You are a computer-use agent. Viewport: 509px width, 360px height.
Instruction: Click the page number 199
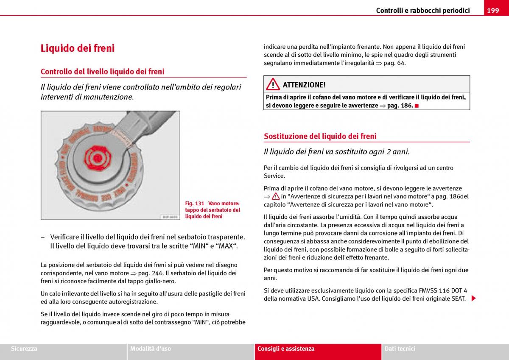(493, 11)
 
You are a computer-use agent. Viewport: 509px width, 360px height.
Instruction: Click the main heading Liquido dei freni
(78, 48)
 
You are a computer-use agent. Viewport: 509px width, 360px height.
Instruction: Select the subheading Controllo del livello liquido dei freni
(102, 72)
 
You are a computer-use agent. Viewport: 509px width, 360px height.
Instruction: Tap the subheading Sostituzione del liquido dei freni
(320, 136)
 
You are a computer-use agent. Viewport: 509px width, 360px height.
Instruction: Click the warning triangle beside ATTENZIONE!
(273, 84)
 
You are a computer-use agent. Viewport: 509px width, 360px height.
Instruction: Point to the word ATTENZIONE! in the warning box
(304, 85)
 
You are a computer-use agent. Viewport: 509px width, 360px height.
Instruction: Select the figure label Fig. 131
(195, 204)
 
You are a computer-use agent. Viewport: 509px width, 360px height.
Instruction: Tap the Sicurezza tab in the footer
(24, 349)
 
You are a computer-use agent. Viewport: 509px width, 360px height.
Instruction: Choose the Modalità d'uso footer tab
(151, 349)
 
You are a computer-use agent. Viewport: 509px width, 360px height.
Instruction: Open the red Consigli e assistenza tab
(286, 349)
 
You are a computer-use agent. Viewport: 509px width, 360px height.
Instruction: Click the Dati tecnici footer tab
(400, 349)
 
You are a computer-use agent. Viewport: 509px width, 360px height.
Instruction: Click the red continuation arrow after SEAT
(473, 299)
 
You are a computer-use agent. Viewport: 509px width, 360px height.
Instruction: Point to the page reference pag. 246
(150, 273)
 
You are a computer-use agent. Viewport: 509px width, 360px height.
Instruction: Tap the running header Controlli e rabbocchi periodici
(422, 11)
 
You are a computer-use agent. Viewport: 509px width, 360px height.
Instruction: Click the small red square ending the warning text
(417, 106)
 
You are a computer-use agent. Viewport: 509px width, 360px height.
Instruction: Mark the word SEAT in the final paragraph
(458, 299)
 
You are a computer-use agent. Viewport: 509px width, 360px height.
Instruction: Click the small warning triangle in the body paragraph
(276, 197)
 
